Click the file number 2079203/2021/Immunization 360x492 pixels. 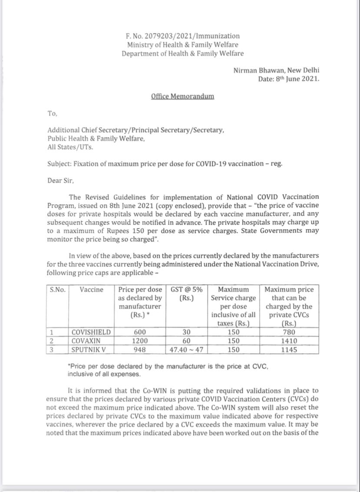pyautogui.click(x=182, y=36)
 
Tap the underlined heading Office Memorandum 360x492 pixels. pyautogui.click(x=182, y=96)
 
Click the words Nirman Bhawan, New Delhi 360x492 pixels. pyautogui.click(x=277, y=70)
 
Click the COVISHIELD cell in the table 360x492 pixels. pyautogui.click(x=91, y=332)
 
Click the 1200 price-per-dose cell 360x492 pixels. pyautogui.click(x=140, y=341)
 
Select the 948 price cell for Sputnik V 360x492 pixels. pyautogui.click(x=140, y=350)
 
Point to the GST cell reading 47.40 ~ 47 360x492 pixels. pyautogui.click(x=187, y=350)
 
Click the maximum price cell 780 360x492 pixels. pyautogui.click(x=289, y=332)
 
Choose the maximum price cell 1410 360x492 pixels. pyautogui.click(x=289, y=341)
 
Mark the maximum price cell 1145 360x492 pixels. pyautogui.click(x=289, y=350)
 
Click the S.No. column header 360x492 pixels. pyautogui.click(x=57, y=289)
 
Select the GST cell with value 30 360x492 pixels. pyautogui.click(x=187, y=332)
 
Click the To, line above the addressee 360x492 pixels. pyautogui.click(x=53, y=113)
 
